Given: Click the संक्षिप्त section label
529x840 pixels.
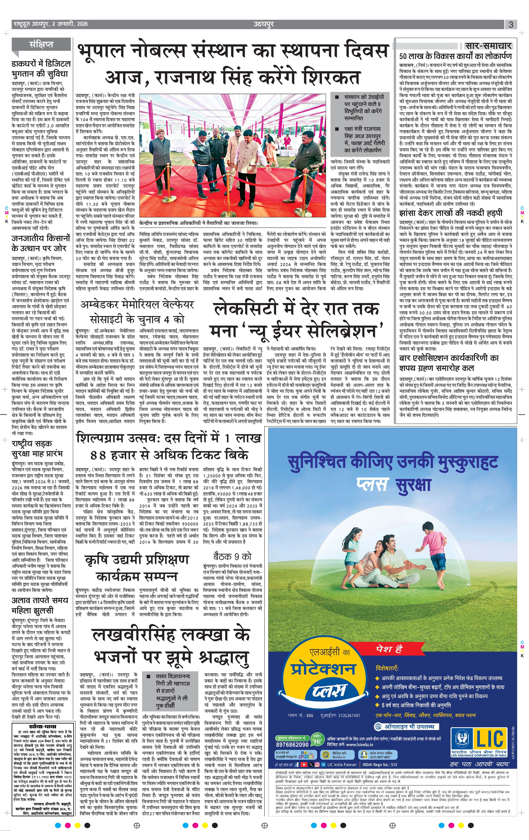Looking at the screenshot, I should point(41,44).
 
